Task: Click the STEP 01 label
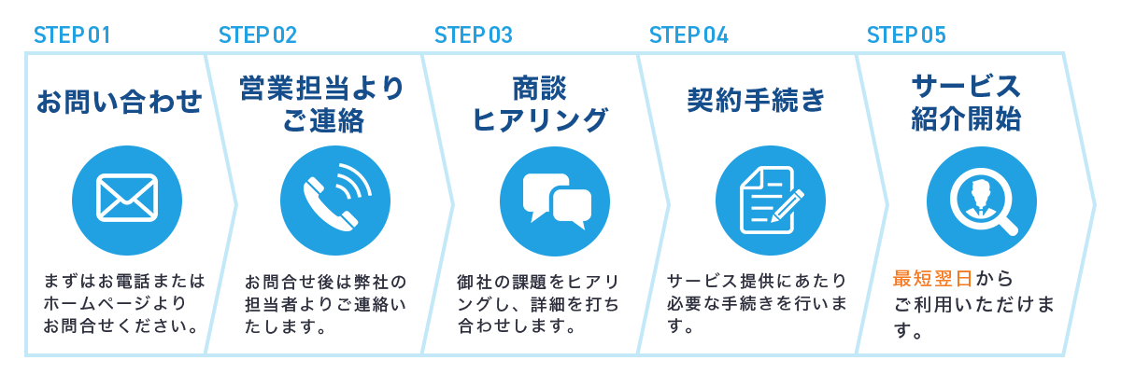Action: point(72,35)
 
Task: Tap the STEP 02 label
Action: point(258,35)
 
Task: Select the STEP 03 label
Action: point(474,35)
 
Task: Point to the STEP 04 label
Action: point(688,35)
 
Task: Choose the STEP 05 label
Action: point(906,35)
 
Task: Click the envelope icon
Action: point(127,198)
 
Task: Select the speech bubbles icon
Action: point(557,201)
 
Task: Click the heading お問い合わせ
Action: point(120,102)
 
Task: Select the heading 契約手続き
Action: point(756,100)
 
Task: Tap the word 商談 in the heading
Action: point(540,89)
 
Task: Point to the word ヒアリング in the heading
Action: point(541,120)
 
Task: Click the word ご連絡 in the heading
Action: point(323,120)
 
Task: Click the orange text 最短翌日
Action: point(932,279)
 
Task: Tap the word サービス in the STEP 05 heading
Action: point(966,87)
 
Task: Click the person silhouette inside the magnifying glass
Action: point(980,199)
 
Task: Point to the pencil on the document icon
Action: point(788,205)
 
